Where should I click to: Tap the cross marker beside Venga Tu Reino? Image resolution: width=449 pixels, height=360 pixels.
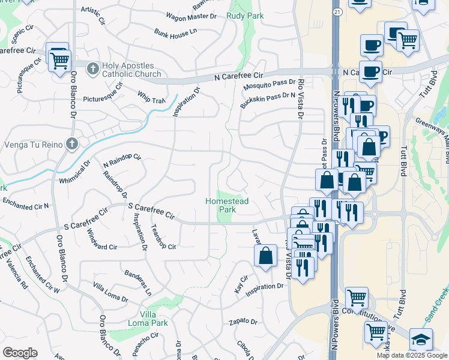coord(72,143)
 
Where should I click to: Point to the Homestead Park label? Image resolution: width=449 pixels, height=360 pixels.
coord(226,206)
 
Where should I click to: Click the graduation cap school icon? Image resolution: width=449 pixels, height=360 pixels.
coord(421,339)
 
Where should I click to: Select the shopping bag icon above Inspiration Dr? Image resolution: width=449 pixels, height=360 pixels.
coord(265,256)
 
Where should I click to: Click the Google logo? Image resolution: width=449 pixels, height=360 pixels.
coord(20,353)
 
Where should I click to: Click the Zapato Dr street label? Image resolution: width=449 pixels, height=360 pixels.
coord(243,322)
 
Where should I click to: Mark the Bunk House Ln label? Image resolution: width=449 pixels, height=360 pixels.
coord(175,31)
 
